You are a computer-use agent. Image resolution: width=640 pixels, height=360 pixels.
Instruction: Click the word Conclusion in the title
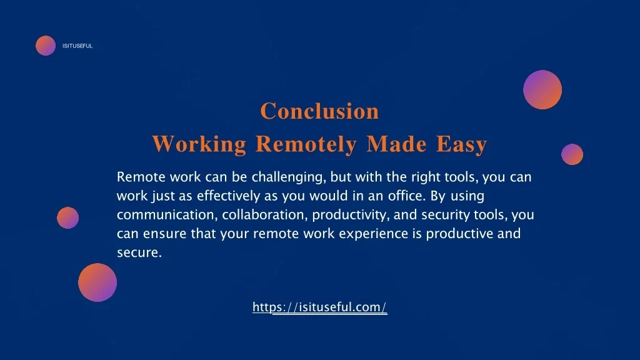[x=319, y=111]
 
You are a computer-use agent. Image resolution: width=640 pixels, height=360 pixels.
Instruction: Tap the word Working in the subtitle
[x=199, y=144]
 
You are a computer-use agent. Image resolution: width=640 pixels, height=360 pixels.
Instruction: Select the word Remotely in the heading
[x=306, y=144]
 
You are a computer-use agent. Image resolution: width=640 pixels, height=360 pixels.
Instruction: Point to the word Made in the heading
[x=397, y=144]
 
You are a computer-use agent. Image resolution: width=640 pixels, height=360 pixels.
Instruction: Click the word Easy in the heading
[x=462, y=144]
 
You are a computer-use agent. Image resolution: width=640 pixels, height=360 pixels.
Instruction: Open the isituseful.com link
[x=319, y=307]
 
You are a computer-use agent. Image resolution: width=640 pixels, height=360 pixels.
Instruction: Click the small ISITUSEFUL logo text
[x=77, y=46]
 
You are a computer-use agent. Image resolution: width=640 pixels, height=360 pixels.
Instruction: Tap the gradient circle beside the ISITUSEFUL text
[x=46, y=45]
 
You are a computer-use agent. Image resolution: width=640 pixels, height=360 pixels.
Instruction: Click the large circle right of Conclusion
[x=542, y=90]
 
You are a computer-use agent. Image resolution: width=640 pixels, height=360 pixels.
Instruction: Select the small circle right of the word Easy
[x=572, y=154]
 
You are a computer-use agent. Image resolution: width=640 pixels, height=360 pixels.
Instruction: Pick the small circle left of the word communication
[x=67, y=217]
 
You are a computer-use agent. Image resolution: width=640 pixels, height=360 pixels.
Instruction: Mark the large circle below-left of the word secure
[x=97, y=282]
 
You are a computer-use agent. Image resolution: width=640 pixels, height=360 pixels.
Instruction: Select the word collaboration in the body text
[x=264, y=215]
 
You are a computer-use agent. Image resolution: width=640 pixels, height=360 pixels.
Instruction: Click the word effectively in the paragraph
[x=229, y=196]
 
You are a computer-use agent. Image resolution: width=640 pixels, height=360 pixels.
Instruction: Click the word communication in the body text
[x=167, y=215]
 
